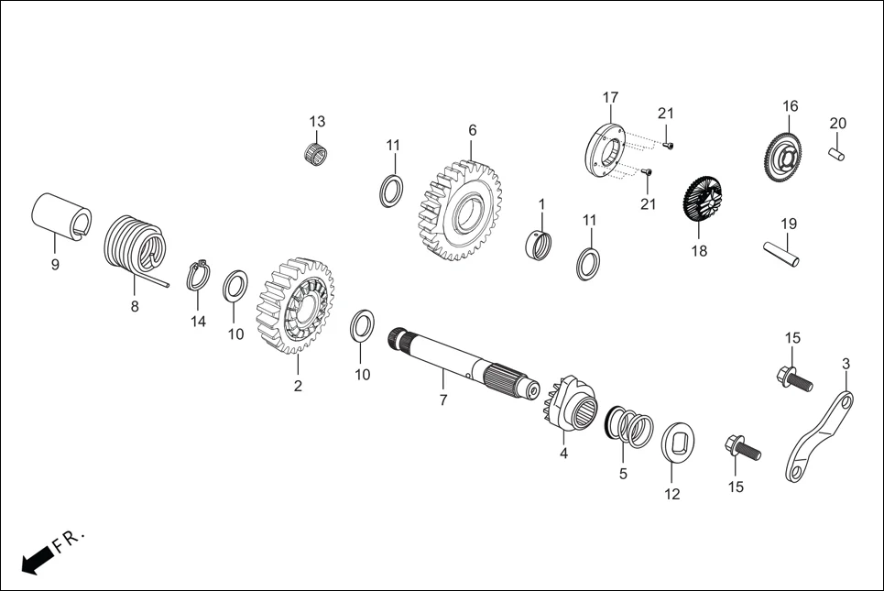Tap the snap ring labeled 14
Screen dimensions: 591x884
click(x=199, y=275)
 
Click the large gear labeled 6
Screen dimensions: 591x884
click(x=464, y=213)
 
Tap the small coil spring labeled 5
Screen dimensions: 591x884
click(x=630, y=426)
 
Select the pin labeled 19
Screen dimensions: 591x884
click(x=781, y=254)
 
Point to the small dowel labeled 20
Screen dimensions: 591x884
click(x=837, y=153)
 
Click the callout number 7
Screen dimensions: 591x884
click(x=442, y=400)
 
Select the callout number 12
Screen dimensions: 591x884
click(x=672, y=494)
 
